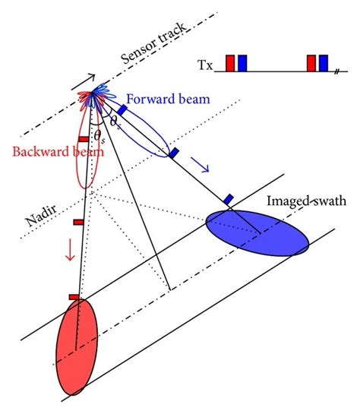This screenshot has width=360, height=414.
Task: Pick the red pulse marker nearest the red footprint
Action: point(74,296)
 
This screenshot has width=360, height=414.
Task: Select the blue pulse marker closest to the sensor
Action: point(122,111)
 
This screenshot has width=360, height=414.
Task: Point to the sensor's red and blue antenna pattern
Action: point(95,99)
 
